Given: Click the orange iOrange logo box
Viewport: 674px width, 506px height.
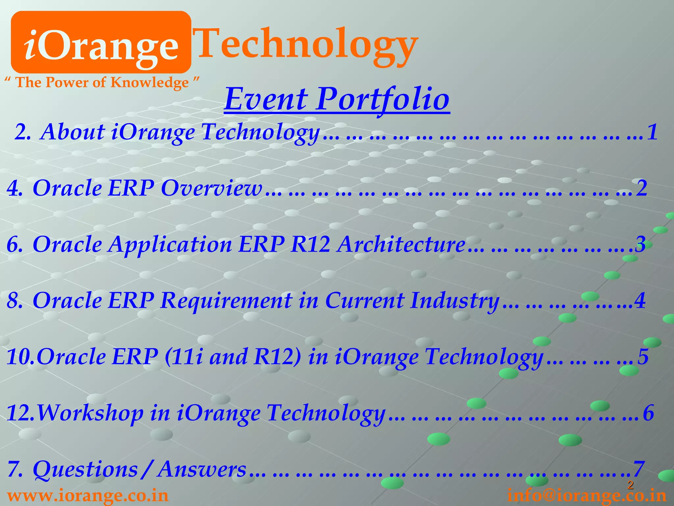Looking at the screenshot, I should tap(101, 42).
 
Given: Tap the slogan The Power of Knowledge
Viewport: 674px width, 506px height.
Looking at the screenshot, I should tap(102, 82).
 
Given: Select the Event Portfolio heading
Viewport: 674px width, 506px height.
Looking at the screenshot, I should tap(337, 99).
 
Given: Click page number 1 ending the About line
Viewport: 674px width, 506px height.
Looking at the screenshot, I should tap(652, 132).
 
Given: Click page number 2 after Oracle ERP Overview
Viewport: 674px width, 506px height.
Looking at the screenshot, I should tap(642, 188).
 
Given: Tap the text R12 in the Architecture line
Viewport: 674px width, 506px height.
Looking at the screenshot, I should tap(310, 245).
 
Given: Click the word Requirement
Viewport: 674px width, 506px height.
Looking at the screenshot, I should tap(226, 301).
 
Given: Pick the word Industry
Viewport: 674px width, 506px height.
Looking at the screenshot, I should tap(454, 301).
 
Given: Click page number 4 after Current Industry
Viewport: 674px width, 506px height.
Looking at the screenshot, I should tap(640, 301).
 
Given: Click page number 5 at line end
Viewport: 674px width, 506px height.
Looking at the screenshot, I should tap(643, 357).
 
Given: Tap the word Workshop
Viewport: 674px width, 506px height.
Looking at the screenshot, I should tap(91, 413).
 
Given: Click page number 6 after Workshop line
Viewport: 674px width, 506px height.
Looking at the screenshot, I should tap(648, 413).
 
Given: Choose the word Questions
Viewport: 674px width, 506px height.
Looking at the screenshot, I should tap(86, 469).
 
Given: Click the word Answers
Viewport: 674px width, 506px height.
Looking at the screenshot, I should tap(202, 469).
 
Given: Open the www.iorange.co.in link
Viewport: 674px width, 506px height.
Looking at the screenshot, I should tap(88, 496).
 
